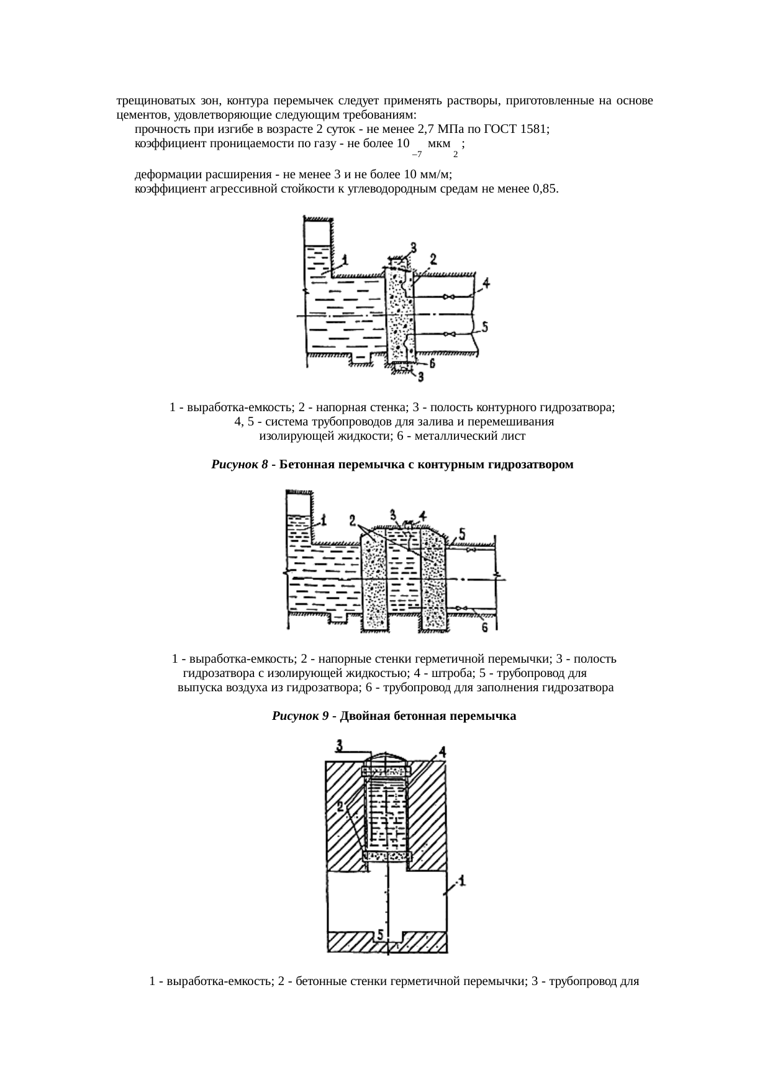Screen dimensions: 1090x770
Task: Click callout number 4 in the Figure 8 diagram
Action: [x=486, y=283]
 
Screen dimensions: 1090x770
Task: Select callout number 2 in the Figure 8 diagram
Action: [x=433, y=258]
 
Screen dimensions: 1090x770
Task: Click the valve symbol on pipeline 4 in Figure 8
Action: [x=448, y=297]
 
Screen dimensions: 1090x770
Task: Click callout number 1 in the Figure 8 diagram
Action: [x=345, y=260]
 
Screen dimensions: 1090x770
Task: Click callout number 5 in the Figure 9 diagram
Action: [x=461, y=532]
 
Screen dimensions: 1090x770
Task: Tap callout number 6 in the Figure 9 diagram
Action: [x=486, y=628]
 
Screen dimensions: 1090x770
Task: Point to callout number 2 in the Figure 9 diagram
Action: [x=353, y=519]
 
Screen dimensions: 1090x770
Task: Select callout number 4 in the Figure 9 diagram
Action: [x=422, y=515]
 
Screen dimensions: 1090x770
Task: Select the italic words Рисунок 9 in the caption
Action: [x=300, y=715]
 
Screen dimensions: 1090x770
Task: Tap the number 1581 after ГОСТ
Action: [x=535, y=129]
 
